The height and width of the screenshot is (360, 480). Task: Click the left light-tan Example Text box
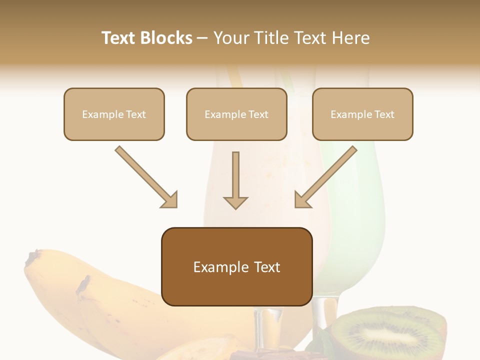coord(114,114)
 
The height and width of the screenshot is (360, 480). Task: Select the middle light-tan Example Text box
coord(236,114)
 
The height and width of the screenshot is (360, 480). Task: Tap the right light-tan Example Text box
coord(362,114)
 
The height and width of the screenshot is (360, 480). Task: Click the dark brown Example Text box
coord(236,266)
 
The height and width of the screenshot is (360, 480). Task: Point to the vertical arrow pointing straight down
coord(235,180)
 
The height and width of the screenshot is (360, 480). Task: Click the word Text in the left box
coord(136,114)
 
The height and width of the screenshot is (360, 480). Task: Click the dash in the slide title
coord(202,38)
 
